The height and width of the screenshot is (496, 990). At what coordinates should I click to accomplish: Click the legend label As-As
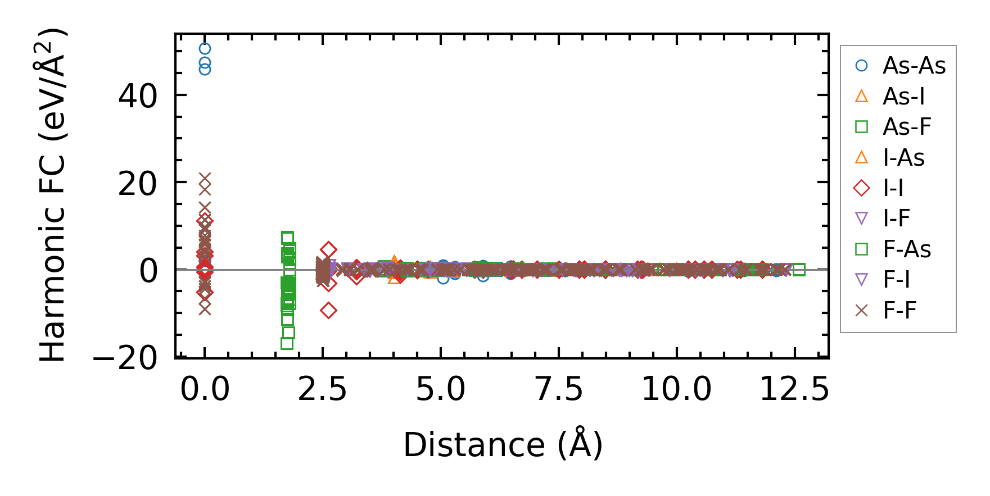pos(914,66)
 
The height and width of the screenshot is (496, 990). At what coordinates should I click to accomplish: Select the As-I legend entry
pos(903,97)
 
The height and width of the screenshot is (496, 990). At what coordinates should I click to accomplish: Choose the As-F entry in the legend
pos(906,127)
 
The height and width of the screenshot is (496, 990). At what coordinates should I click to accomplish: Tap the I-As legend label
pos(903,158)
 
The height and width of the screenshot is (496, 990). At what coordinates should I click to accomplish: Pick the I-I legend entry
pos(893,188)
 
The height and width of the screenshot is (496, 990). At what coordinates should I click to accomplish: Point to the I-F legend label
pos(896,219)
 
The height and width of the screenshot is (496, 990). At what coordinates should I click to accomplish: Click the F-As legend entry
pos(906,249)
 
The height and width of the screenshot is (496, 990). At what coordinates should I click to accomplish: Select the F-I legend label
pos(896,280)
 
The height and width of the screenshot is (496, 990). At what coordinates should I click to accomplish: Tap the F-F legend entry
pos(899,310)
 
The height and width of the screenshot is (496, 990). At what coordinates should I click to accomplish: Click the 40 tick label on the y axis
pos(138,96)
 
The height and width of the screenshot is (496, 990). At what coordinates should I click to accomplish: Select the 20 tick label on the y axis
pos(138,184)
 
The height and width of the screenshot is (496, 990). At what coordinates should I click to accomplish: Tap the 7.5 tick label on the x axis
pos(559,389)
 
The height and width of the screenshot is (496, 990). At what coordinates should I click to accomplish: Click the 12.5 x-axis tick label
pos(794,389)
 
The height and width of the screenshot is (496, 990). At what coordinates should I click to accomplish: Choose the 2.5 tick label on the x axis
pos(323,389)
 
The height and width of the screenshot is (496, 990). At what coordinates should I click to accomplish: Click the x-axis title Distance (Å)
pos(503,445)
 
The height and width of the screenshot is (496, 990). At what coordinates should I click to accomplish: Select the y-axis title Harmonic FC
pos(53,194)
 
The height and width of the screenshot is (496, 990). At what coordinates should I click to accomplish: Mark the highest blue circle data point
pos(205,49)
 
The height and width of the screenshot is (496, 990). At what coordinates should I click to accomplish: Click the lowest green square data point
pos(287,344)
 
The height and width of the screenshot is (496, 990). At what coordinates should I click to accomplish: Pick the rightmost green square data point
pos(799,270)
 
